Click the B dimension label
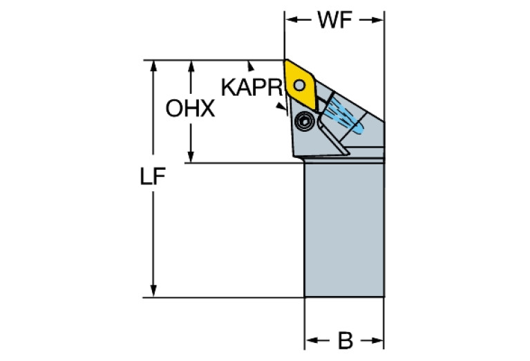(x=345, y=340)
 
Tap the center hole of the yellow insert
(x=299, y=84)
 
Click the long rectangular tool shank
(x=344, y=228)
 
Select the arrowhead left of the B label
(x=310, y=340)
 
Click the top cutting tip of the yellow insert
(x=285, y=61)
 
